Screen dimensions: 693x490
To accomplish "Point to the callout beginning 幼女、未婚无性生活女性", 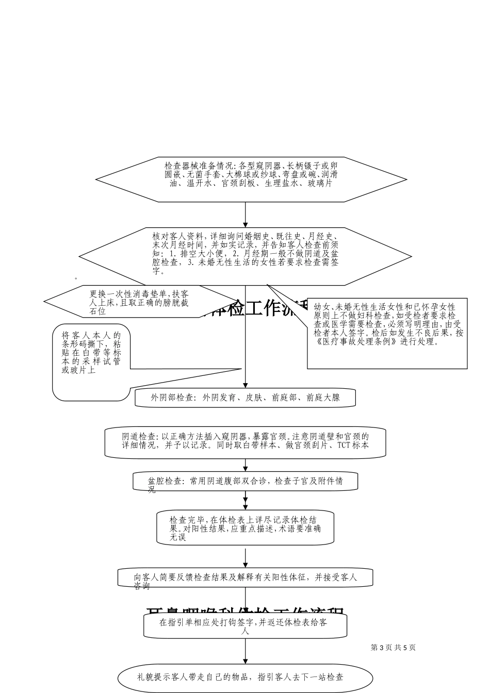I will click(387, 330).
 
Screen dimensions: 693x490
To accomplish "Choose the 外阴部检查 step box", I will click(245, 398).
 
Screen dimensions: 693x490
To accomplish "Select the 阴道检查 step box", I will click(245, 442).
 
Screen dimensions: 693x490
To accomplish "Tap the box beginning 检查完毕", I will click(245, 527).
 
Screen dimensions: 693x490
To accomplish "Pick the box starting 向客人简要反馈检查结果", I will click(245, 578).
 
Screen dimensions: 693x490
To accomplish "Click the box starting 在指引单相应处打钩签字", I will click(245, 625).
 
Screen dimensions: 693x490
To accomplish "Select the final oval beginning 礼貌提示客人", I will click(245, 678).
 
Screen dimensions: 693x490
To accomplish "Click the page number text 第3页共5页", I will click(393, 648).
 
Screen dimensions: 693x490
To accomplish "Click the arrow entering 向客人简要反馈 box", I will click(245, 559).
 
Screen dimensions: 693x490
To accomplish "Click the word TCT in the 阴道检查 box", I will click(344, 445).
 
